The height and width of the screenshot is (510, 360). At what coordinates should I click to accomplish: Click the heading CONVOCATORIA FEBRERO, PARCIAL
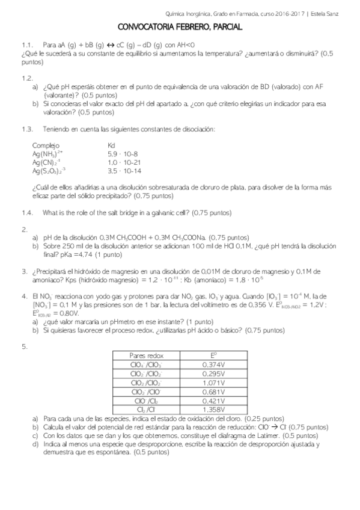[180, 27]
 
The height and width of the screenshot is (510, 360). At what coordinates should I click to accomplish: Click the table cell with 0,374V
[214, 364]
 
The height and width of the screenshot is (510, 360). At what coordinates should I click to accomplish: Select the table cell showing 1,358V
[214, 410]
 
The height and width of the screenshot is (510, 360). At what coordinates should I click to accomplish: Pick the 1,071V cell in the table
[214, 382]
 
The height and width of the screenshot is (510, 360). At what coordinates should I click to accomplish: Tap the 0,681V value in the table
[214, 392]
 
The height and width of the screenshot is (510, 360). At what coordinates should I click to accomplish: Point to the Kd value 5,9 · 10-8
[123, 154]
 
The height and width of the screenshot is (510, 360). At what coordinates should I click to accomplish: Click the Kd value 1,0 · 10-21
[124, 162]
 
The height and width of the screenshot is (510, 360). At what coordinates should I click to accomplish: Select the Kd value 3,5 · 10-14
[124, 171]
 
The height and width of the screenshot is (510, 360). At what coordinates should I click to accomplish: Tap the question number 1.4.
[26, 213]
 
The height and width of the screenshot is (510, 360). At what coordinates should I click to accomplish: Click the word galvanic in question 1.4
[162, 213]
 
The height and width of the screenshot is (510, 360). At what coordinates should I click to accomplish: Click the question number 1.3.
[26, 129]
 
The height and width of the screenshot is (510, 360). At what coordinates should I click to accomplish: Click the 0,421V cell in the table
[214, 401]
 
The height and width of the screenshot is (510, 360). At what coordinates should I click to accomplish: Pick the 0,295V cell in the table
[214, 373]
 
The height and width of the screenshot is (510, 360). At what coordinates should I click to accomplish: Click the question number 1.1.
[26, 45]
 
